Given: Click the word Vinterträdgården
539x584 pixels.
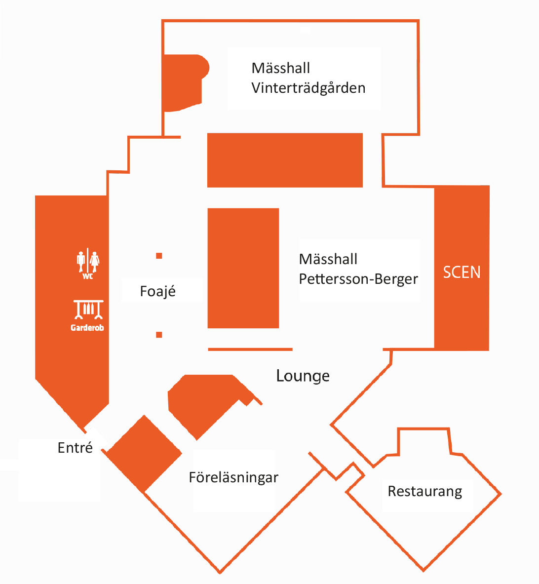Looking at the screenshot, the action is coord(308,88).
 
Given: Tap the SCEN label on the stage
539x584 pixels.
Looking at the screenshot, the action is coord(462,273).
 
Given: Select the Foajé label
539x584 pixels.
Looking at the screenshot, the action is coord(157,291).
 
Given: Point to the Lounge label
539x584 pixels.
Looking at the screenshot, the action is coord(303,376).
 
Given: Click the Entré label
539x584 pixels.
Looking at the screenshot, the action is coord(75,447).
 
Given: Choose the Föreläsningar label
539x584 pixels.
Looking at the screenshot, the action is coord(233,478).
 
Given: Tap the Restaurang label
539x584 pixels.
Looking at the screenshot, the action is coord(424,492).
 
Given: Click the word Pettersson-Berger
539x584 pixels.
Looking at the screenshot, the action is coord(358,279).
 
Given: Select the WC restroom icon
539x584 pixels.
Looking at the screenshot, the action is coord(88,263).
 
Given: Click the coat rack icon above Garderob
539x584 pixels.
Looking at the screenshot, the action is coord(88,310).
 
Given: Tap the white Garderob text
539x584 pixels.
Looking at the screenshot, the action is coord(87,328).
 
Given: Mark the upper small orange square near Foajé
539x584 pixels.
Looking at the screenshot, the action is coord(159,256).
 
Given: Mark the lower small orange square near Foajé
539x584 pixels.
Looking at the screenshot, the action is coord(159,335).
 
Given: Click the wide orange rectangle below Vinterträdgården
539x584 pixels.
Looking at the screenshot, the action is coord(285,160).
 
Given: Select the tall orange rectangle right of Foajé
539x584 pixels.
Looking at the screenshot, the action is coord(243,268).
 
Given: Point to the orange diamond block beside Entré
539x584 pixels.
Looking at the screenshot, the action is coord(144,454).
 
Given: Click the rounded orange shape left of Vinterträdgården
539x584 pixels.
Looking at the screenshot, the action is coord(185,82).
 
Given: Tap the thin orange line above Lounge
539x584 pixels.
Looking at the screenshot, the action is coord(250,350).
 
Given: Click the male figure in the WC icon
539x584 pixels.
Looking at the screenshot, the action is coord(81,262).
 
